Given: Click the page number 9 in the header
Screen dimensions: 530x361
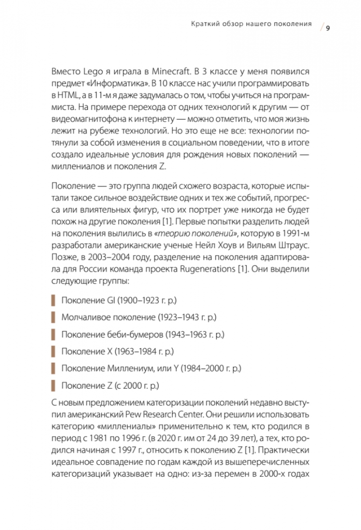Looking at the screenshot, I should click(328, 27).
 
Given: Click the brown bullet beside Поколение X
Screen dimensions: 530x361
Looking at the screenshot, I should click(53, 352).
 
